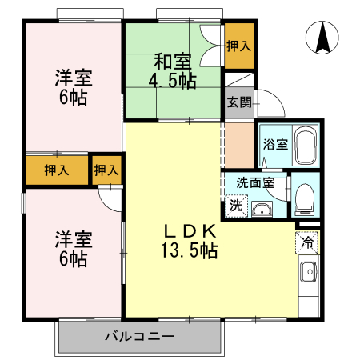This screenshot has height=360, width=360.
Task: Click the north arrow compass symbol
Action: pyautogui.click(x=322, y=38)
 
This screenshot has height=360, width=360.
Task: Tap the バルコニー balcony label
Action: pyautogui.click(x=138, y=337)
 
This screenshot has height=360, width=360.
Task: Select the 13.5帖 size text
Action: pyautogui.click(x=189, y=250)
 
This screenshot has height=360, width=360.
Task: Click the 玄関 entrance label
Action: pyautogui.click(x=238, y=102)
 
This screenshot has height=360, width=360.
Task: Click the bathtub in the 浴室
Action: pyautogui.click(x=306, y=146)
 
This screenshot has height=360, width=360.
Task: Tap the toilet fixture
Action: pyautogui.click(x=305, y=196)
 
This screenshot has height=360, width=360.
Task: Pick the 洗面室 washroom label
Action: pyautogui.click(x=254, y=182)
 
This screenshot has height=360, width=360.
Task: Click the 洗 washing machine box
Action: pyautogui.click(x=236, y=205)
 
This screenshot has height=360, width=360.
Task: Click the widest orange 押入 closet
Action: pyautogui.click(x=56, y=169)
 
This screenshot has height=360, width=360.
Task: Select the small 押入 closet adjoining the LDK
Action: pyautogui.click(x=106, y=169)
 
